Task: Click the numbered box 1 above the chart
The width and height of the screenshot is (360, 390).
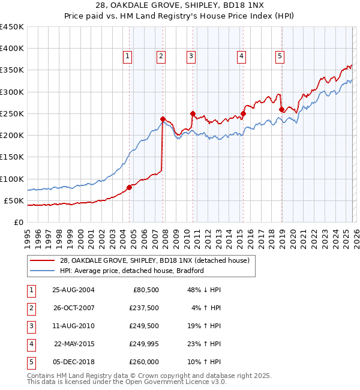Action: [128, 56]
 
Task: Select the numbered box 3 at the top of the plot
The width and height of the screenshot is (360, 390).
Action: [191, 56]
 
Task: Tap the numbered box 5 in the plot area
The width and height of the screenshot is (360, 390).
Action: [280, 56]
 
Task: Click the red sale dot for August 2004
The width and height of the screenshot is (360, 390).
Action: [129, 187]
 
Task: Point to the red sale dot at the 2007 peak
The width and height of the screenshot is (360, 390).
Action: [163, 119]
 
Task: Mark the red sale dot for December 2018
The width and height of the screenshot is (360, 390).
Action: [281, 109]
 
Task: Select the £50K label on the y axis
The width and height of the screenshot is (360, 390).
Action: [14, 200]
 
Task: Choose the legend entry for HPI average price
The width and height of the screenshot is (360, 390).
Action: [132, 271]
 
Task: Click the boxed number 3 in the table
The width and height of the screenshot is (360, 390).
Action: [31, 326]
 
